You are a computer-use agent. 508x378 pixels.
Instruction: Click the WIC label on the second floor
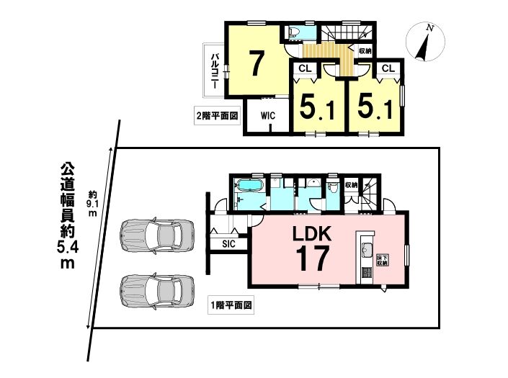click(268, 115)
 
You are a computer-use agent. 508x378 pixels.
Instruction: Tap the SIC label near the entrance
click(228, 243)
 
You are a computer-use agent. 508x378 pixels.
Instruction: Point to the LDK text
click(312, 234)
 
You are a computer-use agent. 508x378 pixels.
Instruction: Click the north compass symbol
click(425, 42)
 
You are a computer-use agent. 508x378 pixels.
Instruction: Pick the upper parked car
click(157, 235)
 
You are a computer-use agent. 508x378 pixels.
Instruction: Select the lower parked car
click(157, 291)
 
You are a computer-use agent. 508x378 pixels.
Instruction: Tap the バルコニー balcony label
click(215, 71)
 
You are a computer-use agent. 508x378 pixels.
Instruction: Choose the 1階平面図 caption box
click(231, 305)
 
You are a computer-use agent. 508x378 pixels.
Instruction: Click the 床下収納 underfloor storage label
click(383, 260)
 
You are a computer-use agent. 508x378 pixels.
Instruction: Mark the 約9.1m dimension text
click(93, 204)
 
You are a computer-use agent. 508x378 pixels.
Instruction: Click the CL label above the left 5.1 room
click(306, 68)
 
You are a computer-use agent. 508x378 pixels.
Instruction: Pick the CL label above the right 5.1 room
click(388, 68)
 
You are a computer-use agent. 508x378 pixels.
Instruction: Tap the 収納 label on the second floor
click(365, 51)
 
